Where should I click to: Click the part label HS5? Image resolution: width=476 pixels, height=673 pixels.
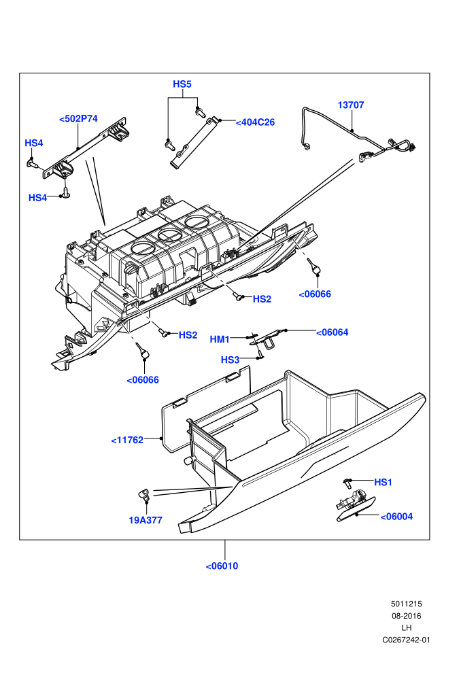tap(182, 84)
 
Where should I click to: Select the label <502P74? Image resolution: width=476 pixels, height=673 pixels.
tap(78, 119)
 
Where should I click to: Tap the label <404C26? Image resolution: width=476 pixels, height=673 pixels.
tap(256, 122)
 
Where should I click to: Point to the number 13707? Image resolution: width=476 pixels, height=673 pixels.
tap(351, 105)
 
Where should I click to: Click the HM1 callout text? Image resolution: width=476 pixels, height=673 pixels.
tap(220, 339)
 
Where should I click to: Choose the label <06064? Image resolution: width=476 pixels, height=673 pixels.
tap(333, 332)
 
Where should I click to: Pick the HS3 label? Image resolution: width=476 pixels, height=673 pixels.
tap(230, 360)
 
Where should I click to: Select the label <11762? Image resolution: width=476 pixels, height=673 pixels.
tap(127, 441)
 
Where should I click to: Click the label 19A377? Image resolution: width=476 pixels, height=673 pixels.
tap(146, 520)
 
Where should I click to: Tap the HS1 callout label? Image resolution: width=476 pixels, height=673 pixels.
tap(384, 483)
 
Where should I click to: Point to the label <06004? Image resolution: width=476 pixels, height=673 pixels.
tap(396, 517)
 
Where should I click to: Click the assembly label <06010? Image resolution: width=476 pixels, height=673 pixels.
tap(222, 566)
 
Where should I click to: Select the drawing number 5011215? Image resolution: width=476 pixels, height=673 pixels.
tap(406, 604)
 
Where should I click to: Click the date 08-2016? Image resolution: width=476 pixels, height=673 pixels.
tap(406, 616)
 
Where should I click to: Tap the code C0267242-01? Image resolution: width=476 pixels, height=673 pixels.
tap(406, 640)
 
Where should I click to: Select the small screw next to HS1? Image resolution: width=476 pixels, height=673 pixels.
tap(347, 483)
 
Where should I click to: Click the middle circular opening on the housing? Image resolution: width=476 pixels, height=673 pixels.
tap(169, 235)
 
